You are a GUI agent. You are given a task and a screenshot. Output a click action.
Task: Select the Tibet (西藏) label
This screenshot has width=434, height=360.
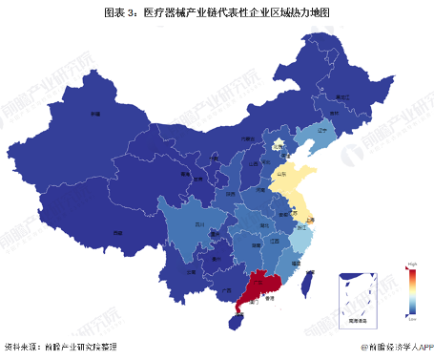pos(117,231)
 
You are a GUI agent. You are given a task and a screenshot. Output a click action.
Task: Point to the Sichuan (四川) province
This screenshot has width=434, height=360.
pos(199,225)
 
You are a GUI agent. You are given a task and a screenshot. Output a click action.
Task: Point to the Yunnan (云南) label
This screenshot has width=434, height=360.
pos(191,271)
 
